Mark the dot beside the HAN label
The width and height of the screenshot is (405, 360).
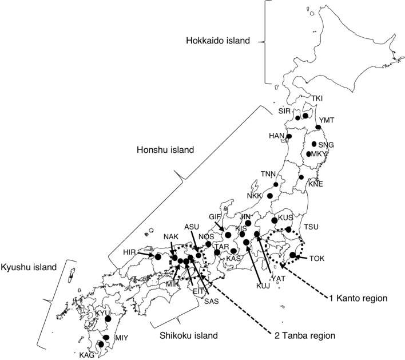[x=289, y=137]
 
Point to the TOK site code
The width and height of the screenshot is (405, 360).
[x=316, y=258]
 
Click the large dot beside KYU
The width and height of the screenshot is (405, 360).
[x=108, y=319]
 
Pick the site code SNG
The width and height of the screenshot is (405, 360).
[x=325, y=145]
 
